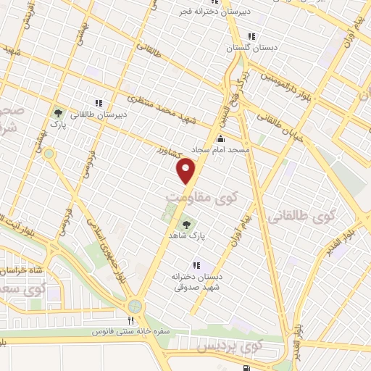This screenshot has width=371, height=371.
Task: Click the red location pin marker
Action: [187, 171]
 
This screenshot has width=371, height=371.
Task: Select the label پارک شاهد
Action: [193, 236]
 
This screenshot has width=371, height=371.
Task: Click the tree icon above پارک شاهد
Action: [187, 225]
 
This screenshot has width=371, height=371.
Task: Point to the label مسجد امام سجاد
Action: [220, 149]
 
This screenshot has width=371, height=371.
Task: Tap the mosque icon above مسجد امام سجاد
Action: [221, 139]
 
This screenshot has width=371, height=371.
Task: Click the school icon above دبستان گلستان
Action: [251, 36]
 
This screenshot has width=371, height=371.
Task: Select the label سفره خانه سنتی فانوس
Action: [130, 331]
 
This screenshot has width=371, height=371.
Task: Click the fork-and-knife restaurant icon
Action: [130, 320]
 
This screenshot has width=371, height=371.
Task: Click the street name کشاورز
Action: [169, 152]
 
